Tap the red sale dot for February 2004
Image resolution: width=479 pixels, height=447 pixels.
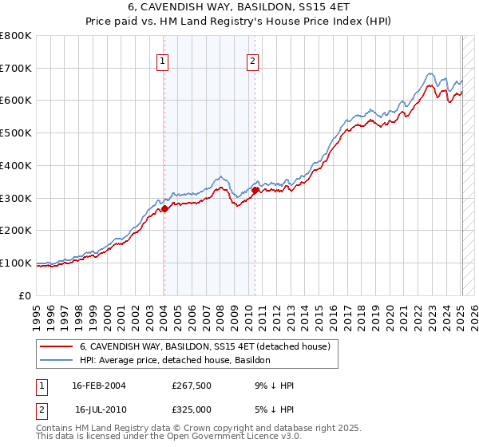click(x=164, y=208)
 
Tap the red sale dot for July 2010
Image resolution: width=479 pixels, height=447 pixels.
click(x=255, y=190)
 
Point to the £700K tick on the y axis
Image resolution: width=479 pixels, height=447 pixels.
click(x=16, y=69)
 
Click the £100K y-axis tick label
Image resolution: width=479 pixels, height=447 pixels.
click(x=16, y=263)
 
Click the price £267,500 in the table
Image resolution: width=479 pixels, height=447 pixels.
click(x=192, y=386)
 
